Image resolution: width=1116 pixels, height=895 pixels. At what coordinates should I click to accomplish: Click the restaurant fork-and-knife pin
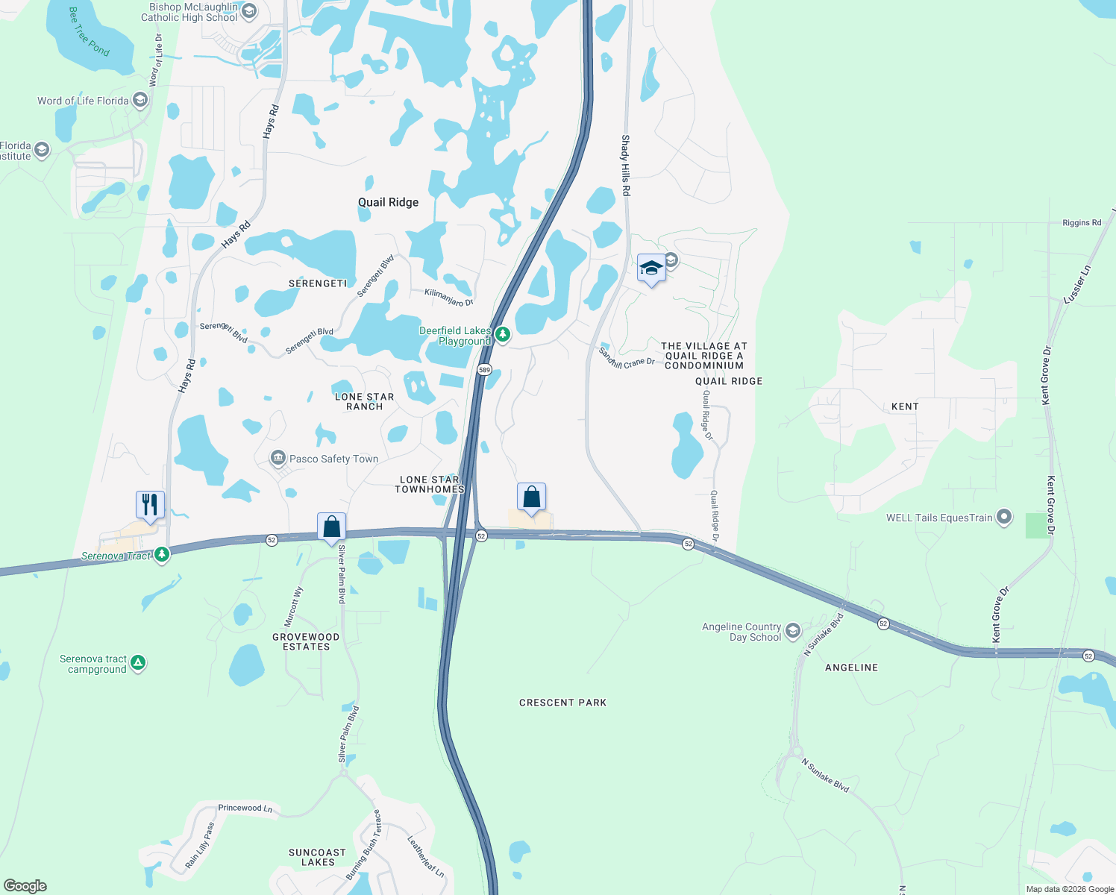pos(150,505)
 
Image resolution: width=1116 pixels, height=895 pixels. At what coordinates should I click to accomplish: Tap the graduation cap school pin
pos(651,268)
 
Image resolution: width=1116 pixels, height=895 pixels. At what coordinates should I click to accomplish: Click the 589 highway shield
pos(485,370)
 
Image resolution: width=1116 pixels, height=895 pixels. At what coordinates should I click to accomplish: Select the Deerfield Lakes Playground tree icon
pos(503,334)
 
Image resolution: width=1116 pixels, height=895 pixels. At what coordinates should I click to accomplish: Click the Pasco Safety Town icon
pos(278,458)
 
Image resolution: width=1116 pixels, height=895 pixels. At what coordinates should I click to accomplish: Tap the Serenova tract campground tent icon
pos(137,662)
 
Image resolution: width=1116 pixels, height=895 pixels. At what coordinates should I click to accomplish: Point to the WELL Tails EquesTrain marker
pos(1004,517)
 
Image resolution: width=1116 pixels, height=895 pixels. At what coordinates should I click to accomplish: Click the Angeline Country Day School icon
pos(792,632)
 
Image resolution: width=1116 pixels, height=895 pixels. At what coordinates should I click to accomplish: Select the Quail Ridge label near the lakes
pos(388,202)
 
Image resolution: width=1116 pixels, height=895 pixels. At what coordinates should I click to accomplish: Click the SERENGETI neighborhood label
pos(318,283)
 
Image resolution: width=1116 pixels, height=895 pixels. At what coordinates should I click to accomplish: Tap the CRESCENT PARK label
pos(562,703)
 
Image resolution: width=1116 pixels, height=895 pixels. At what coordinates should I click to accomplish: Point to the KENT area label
pos(905,406)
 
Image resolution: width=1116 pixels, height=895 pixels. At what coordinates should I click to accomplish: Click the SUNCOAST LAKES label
pos(318,857)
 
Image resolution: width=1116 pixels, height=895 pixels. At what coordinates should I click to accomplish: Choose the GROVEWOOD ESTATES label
pos(306,641)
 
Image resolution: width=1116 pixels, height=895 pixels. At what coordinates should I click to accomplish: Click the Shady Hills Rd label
pos(626,166)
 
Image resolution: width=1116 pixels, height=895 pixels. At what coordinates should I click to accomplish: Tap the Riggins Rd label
pos(1082,223)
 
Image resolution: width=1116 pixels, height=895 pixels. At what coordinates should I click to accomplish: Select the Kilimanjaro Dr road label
pos(449,298)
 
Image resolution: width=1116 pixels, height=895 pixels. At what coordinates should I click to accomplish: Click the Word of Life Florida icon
pos(139,100)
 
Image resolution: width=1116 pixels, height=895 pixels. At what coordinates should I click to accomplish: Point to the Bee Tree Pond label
pos(89,31)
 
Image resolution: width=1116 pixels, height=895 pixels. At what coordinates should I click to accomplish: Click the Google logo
pos(25,885)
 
